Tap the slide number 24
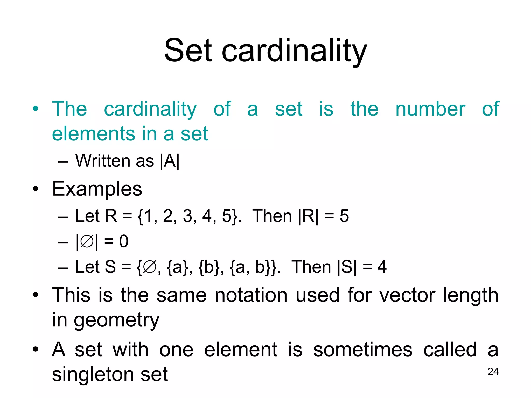click(493, 372)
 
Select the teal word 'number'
click(430, 109)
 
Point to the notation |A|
click(170, 161)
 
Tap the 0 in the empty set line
click(124, 241)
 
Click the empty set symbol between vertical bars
click(87, 242)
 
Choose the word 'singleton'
click(92, 374)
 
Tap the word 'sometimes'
click(362, 350)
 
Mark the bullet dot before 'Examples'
click(36, 189)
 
